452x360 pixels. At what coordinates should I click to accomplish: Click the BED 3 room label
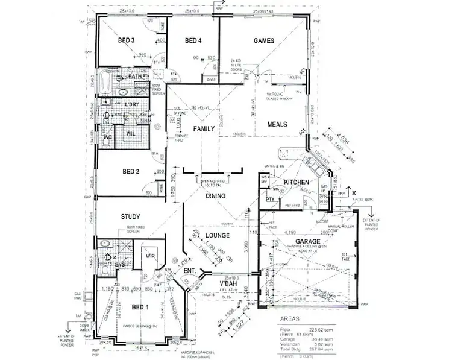pos(125,41)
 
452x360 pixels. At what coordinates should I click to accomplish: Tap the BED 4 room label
pos(192,41)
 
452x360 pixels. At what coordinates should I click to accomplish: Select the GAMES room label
pos(263,41)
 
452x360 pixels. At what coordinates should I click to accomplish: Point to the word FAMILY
pos(204,129)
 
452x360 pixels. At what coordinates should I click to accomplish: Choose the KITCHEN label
pos(297,182)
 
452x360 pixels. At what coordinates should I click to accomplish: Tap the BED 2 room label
pos(129,171)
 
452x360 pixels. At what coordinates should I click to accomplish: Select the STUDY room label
pos(130,216)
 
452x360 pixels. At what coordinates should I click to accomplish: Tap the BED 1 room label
pos(140,307)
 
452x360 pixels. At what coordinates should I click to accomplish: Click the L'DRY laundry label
pos(131,104)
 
